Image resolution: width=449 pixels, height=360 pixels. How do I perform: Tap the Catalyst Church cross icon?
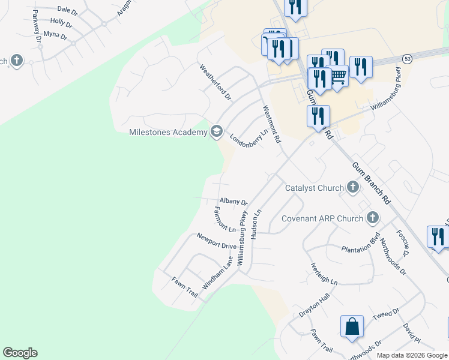[x=353, y=188]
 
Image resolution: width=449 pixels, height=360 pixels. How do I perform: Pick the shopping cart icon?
[x=339, y=76]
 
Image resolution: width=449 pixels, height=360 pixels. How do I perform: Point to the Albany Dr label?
[x=234, y=202]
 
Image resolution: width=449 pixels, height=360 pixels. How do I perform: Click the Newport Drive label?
[x=217, y=241]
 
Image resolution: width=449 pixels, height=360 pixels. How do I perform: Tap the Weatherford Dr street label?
[x=215, y=83]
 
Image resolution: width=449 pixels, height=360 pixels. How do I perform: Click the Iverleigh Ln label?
[x=324, y=274]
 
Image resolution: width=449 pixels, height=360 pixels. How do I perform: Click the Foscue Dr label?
[x=402, y=244]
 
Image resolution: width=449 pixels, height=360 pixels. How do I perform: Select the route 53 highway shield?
[x=408, y=59]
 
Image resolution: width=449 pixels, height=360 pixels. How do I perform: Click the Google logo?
[x=20, y=353]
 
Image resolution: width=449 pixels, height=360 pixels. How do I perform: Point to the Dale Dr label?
[x=67, y=10]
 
